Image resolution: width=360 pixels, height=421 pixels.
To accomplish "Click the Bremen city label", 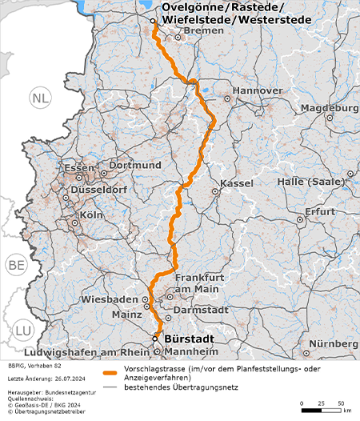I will (199, 30).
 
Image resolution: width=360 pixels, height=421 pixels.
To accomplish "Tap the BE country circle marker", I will (15, 265).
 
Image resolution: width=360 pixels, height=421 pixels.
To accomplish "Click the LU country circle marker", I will (22, 330).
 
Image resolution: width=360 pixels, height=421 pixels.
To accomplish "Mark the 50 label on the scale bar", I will (341, 402).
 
